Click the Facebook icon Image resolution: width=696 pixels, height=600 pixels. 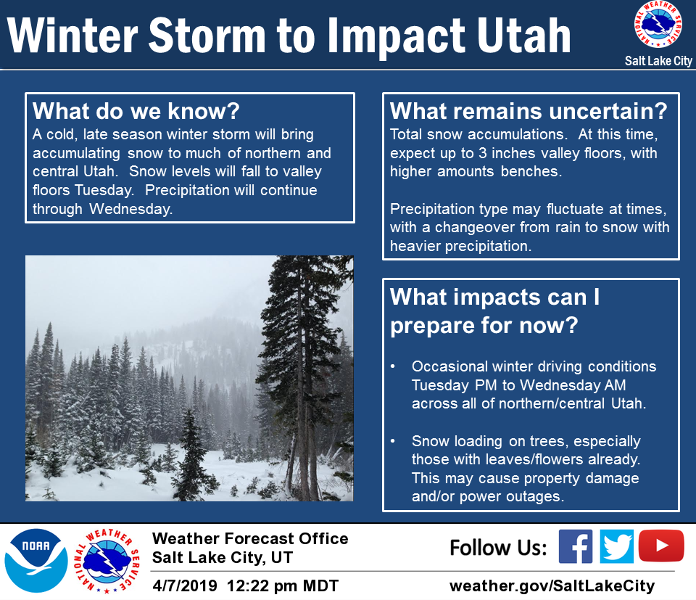[575, 546]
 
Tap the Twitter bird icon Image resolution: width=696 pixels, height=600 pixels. [616, 546]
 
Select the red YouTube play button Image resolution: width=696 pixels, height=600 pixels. [661, 546]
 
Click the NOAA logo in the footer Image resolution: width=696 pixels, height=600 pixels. [36, 561]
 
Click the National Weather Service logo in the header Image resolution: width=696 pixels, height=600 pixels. [658, 25]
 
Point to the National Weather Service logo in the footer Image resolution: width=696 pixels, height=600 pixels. [107, 561]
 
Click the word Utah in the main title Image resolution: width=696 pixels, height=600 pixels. [523, 36]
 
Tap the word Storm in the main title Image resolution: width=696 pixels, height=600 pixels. [207, 36]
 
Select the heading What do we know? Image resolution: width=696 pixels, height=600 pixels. [136, 111]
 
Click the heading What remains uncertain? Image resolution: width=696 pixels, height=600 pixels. [529, 111]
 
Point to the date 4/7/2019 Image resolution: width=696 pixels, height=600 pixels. [185, 585]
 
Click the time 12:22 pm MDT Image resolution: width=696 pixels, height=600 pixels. [283, 585]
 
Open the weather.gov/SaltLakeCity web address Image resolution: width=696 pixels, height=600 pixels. [552, 586]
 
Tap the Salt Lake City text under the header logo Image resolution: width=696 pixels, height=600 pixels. [658, 61]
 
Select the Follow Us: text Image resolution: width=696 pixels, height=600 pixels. [499, 548]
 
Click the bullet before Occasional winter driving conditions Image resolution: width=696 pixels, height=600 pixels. [393, 367]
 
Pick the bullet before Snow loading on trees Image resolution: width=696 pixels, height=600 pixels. [393, 441]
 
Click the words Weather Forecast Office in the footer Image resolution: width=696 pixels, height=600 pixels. [250, 539]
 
